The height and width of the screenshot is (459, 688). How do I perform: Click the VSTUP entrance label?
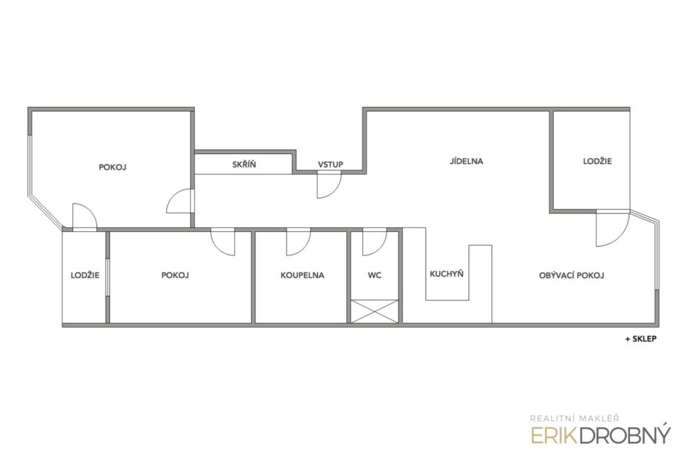(331, 165)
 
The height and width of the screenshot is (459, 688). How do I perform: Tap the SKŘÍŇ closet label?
(244, 164)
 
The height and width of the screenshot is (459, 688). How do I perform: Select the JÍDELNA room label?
(466, 161)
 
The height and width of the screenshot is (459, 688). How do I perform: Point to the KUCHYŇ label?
(447, 273)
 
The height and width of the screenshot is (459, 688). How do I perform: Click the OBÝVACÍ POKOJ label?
(571, 275)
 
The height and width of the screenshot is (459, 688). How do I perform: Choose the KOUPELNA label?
(302, 275)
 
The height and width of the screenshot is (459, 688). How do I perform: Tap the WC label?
(374, 275)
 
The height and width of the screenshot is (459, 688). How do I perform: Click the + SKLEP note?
(641, 339)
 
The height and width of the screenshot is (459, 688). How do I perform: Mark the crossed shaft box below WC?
(374, 311)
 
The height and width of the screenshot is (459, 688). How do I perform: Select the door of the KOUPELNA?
(299, 242)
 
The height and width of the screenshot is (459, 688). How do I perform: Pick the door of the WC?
(374, 242)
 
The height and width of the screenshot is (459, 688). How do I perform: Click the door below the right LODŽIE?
(612, 228)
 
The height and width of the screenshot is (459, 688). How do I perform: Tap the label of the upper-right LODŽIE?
(597, 161)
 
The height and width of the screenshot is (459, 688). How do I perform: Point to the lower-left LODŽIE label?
(85, 275)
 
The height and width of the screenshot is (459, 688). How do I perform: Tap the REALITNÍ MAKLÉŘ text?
(575, 419)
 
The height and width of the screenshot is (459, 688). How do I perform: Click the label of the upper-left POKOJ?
(112, 167)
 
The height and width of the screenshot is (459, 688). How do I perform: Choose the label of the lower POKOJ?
(175, 275)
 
